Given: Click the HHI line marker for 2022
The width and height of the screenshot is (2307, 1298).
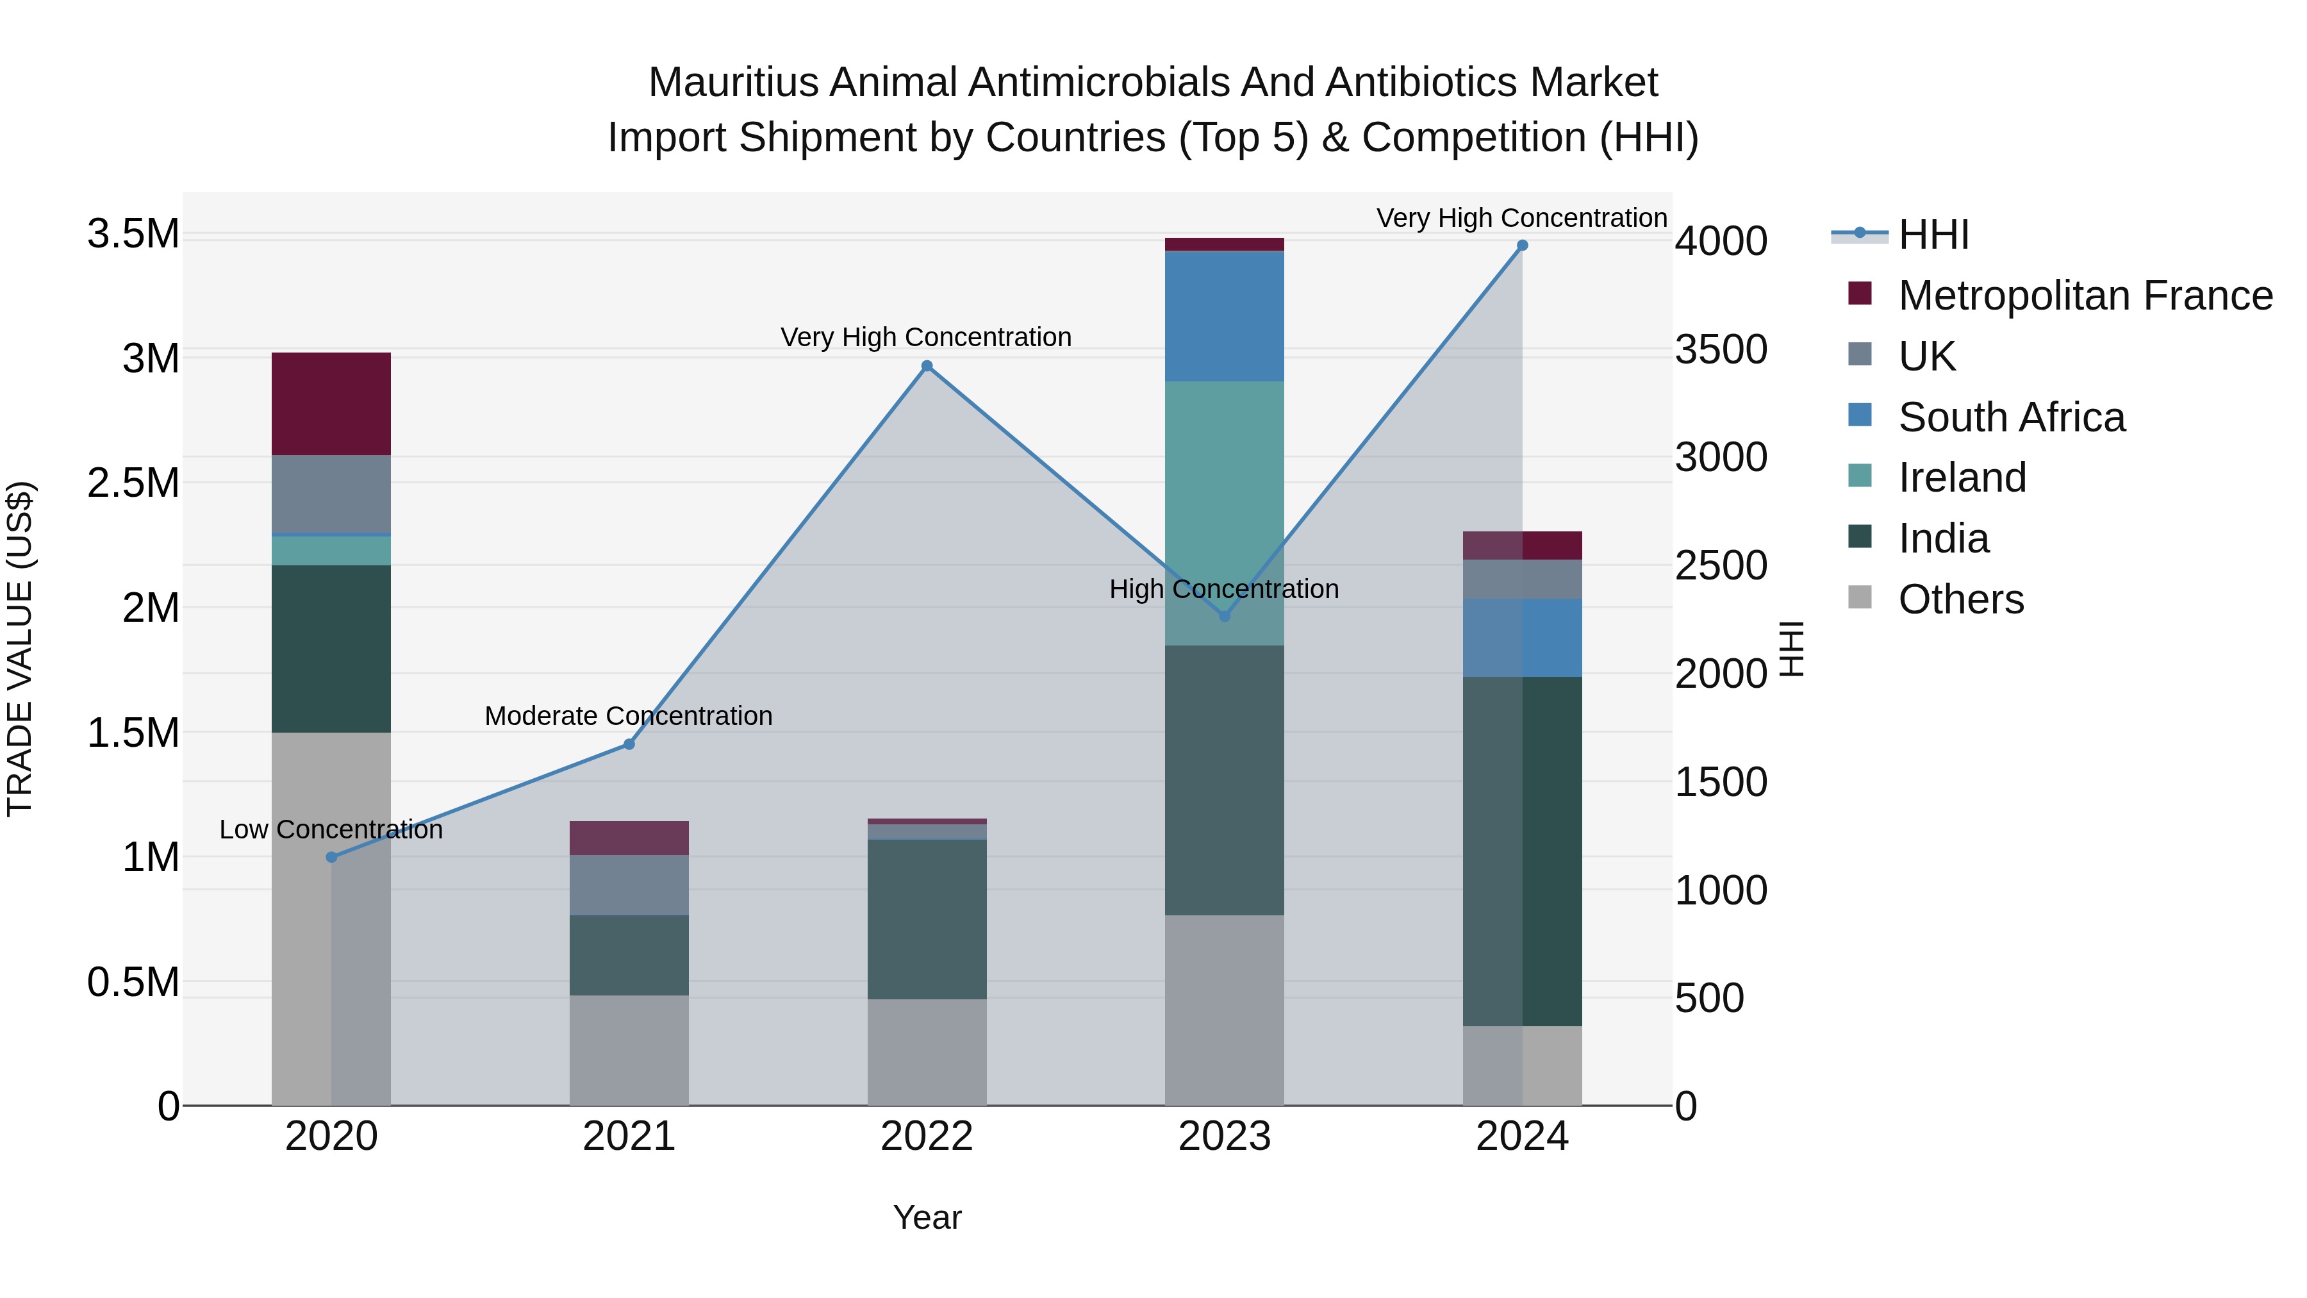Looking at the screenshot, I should pyautogui.click(x=927, y=365).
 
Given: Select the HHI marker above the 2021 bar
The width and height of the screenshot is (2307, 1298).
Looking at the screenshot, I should pyautogui.click(x=629, y=744).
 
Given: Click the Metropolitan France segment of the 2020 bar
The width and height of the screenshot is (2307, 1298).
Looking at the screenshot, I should pyautogui.click(x=331, y=404).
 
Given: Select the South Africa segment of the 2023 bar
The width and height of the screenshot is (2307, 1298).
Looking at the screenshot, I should pyautogui.click(x=1224, y=316).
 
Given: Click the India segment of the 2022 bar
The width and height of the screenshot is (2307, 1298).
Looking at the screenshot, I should pyautogui.click(x=927, y=919).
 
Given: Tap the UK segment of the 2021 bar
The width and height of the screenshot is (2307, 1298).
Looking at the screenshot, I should pyautogui.click(x=629, y=885).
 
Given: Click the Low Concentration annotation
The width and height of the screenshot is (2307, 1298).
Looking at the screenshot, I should pyautogui.click(x=331, y=829).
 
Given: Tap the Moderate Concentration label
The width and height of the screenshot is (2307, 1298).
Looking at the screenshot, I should pyautogui.click(x=628, y=716).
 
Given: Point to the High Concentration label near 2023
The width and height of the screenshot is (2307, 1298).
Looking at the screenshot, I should pyautogui.click(x=1223, y=590).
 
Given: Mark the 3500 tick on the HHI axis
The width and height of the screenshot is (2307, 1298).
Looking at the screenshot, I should pyautogui.click(x=1721, y=349).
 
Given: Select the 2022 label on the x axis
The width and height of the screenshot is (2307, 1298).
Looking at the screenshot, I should pyautogui.click(x=927, y=1136).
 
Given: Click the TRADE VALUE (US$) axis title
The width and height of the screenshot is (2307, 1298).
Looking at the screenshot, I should pyautogui.click(x=20, y=649).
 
